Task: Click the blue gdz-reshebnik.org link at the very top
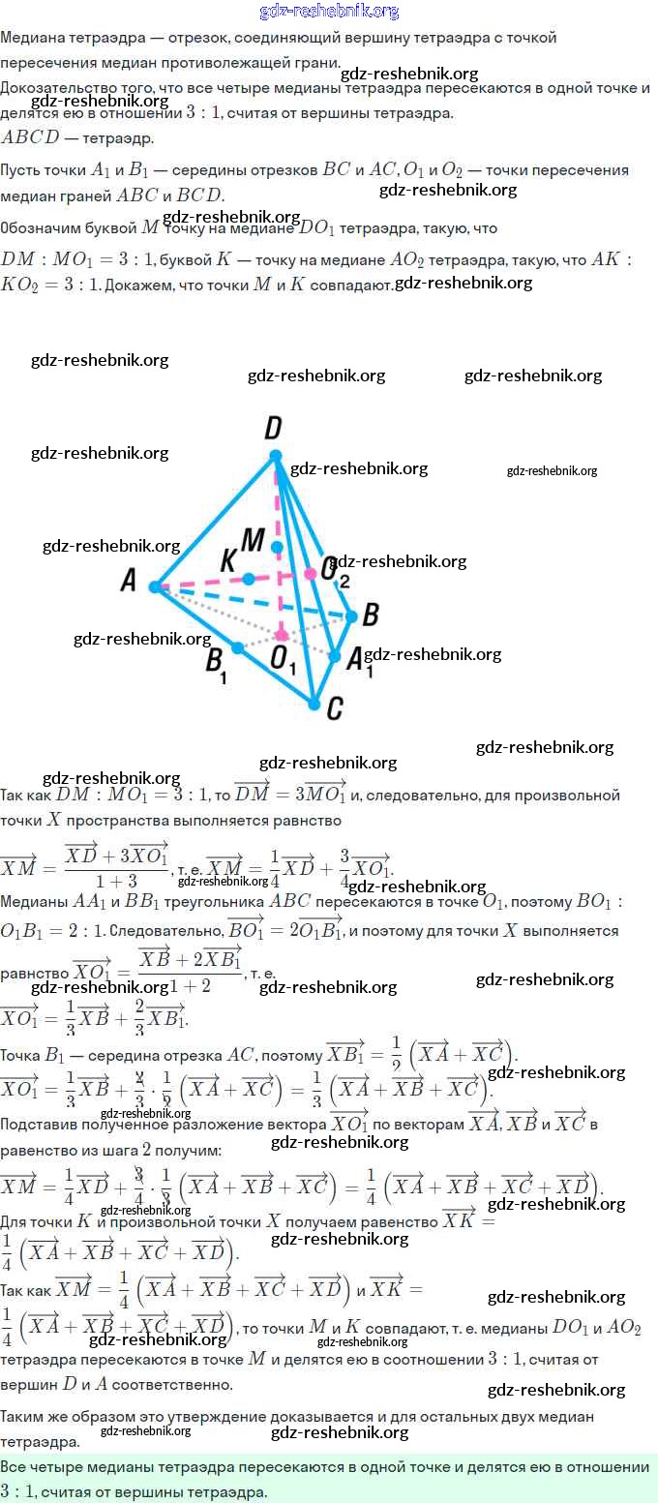(x=329, y=12)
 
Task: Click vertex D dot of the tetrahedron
(x=276, y=456)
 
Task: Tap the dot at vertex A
(x=155, y=586)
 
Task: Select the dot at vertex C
(x=314, y=704)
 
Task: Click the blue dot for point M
(x=278, y=548)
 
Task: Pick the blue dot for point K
(x=249, y=579)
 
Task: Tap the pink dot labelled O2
(x=311, y=574)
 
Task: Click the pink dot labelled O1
(x=282, y=635)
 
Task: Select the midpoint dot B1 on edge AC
(x=237, y=647)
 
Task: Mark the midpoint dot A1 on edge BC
(x=334, y=657)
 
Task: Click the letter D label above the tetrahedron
(x=273, y=428)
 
